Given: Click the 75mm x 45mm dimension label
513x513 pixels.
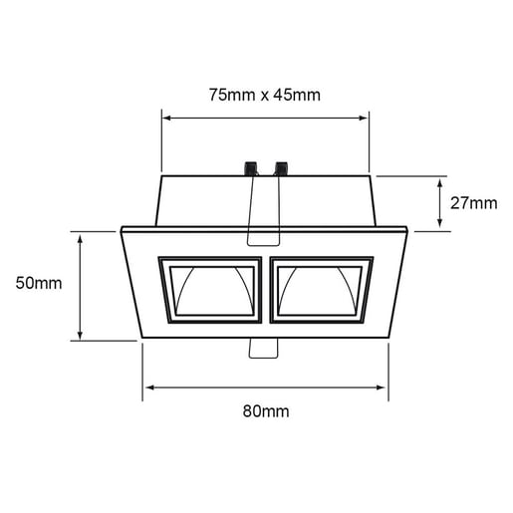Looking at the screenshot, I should click(x=264, y=95).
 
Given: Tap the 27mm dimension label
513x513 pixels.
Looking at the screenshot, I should click(x=473, y=203).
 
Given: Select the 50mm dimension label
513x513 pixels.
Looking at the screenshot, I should click(x=39, y=283).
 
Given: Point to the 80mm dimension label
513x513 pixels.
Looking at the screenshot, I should click(x=264, y=409).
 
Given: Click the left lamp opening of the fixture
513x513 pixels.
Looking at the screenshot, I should click(x=210, y=291).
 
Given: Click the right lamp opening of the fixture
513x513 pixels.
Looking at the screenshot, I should click(x=321, y=291).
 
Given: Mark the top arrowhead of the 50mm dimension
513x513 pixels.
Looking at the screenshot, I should click(x=78, y=236).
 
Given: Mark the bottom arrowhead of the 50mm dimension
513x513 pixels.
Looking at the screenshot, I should click(x=78, y=337).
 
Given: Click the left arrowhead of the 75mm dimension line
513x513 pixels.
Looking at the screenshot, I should click(x=165, y=118).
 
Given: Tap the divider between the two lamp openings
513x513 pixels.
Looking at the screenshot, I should click(x=266, y=291).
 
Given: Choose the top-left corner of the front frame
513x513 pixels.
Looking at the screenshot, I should click(x=122, y=229).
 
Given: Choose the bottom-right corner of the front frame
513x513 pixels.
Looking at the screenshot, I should click(x=388, y=340).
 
